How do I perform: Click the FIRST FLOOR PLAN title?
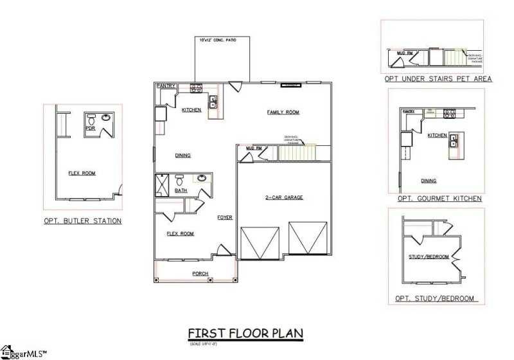tap(245, 333)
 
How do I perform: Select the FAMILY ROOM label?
tap(283, 113)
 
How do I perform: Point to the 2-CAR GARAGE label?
tap(283, 197)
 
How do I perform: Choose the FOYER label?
tap(224, 217)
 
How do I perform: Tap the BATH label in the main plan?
tap(181, 190)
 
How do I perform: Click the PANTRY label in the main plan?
tap(166, 86)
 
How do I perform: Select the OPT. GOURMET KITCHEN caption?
tap(439, 199)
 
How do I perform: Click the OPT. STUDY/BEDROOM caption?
tap(436, 298)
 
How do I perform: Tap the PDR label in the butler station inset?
tap(91, 128)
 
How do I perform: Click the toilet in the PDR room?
tap(91, 120)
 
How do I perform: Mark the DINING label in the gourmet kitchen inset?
tap(429, 181)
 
